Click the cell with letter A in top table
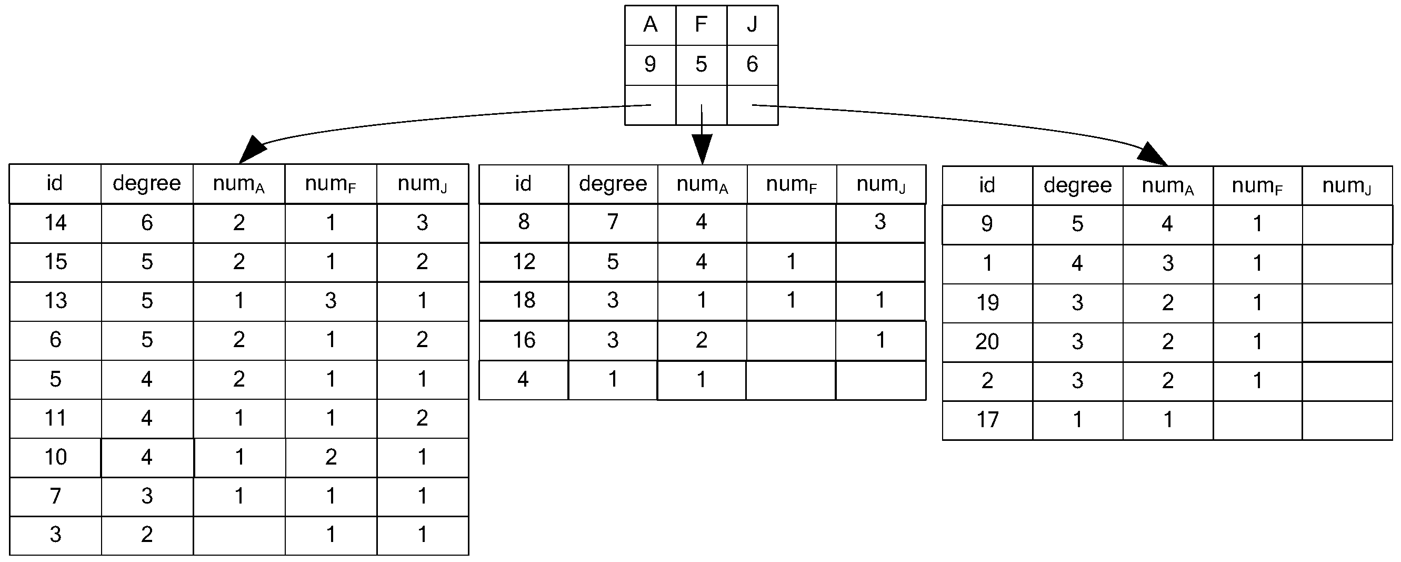point(650,25)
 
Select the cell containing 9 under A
point(650,65)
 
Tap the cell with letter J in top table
point(752,25)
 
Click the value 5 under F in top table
point(701,65)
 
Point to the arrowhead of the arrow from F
point(702,150)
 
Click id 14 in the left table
point(55,223)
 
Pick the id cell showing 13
point(55,301)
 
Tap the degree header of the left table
point(147,184)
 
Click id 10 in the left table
point(55,458)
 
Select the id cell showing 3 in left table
point(55,535)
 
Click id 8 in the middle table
point(523,222)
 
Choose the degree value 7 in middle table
point(613,222)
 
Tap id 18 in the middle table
point(523,301)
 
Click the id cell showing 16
point(523,341)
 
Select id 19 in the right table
point(987,303)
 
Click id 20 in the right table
point(987,342)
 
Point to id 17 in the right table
point(987,420)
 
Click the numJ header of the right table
point(1347,186)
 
